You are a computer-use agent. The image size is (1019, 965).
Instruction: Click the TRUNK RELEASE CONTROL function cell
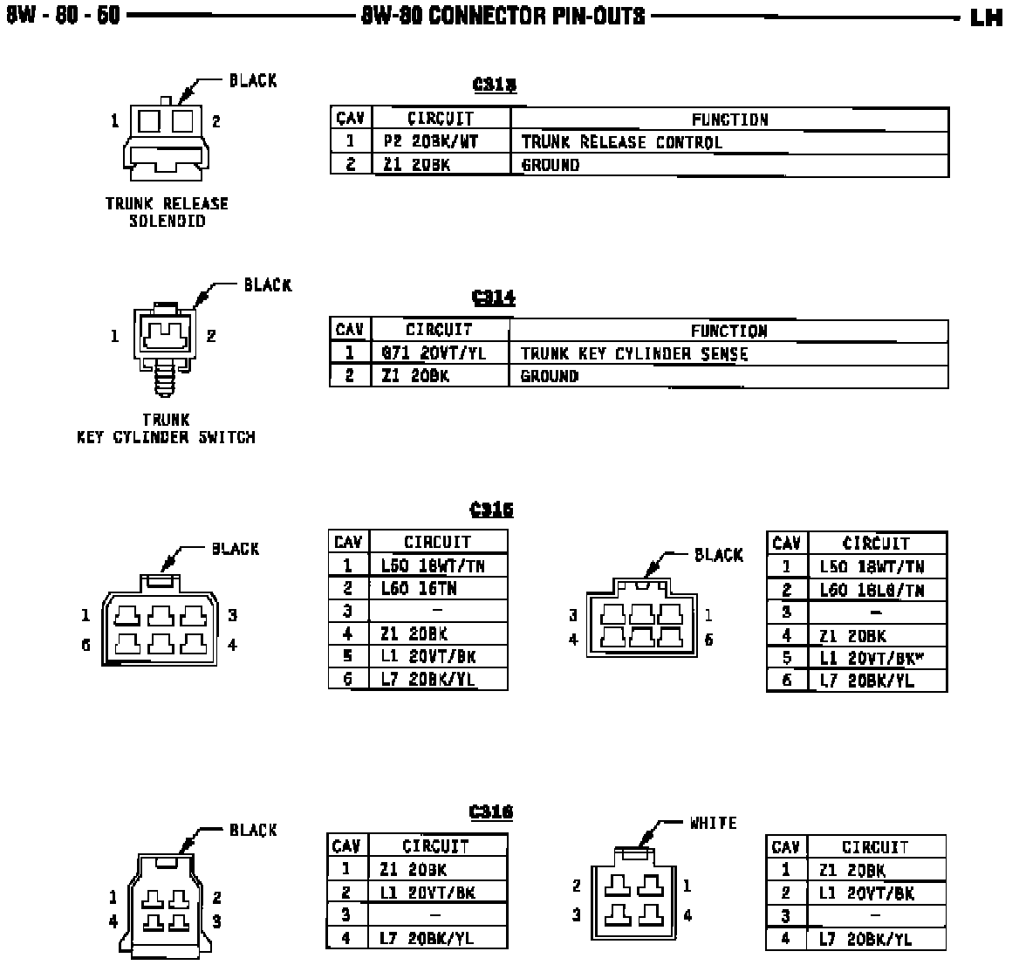(621, 142)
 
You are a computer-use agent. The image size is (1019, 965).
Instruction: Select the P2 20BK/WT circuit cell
(432, 142)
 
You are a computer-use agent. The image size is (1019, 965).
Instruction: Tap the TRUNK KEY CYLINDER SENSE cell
(634, 354)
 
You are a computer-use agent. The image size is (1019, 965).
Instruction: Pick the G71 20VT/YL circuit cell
(433, 354)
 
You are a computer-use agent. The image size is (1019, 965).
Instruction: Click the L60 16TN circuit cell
(419, 589)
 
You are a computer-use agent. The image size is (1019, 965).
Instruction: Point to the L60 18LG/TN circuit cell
(872, 591)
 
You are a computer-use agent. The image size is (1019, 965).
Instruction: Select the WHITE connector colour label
(713, 824)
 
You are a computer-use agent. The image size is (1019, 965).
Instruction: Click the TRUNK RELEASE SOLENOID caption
(167, 212)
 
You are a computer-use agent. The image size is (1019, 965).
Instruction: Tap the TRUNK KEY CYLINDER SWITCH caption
(166, 429)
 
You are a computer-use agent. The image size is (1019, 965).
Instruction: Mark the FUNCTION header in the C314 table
(728, 332)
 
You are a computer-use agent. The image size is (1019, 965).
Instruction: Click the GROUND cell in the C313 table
(551, 165)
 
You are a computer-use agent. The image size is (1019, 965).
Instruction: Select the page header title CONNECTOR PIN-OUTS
(503, 17)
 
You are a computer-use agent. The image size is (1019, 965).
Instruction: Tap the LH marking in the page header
(986, 18)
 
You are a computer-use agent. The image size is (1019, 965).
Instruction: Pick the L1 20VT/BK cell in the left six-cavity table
(428, 657)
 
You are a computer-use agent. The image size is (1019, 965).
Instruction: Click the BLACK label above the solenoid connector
(253, 81)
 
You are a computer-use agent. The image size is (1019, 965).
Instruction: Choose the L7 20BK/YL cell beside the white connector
(865, 940)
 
